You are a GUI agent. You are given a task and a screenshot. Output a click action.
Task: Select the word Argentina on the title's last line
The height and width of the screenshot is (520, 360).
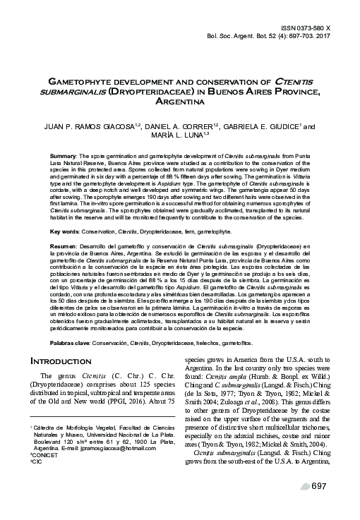click(179, 102)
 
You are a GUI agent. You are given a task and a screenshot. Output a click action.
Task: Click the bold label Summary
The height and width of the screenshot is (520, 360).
click(63, 155)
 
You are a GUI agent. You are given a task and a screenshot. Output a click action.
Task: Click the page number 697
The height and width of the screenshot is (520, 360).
click(319, 505)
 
